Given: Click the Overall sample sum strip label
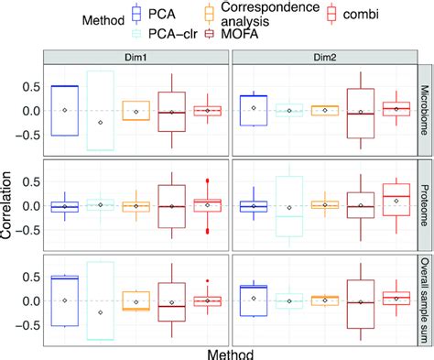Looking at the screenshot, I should click(424, 297).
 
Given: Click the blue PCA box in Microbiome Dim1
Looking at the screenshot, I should click(64, 110).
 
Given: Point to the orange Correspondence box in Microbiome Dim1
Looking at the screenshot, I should click(136, 110).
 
